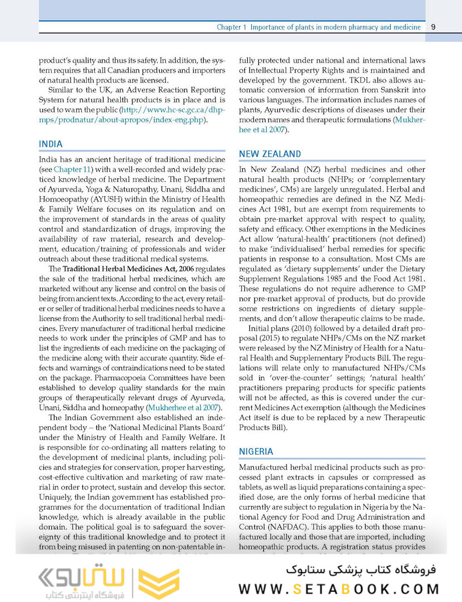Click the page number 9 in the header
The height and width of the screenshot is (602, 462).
434,27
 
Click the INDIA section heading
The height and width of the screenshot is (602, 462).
51,144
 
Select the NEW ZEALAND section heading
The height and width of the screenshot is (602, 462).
270,154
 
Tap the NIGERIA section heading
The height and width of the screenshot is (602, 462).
257,451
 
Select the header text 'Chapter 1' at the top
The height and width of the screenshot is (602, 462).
231,27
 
